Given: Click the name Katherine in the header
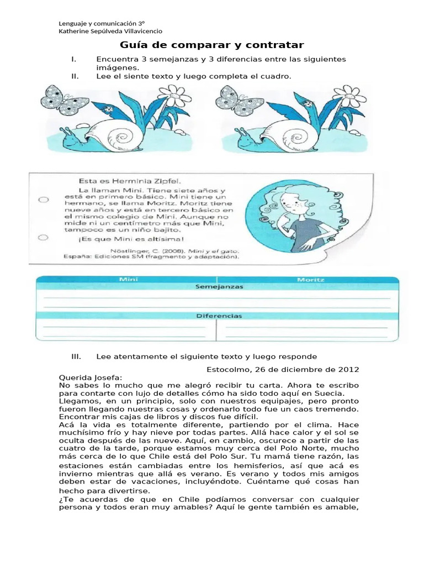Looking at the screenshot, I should [75, 31].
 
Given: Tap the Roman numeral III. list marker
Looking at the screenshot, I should [77, 357].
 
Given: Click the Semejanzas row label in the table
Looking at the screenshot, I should [216, 287].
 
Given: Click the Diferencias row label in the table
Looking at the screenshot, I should [216, 316].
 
